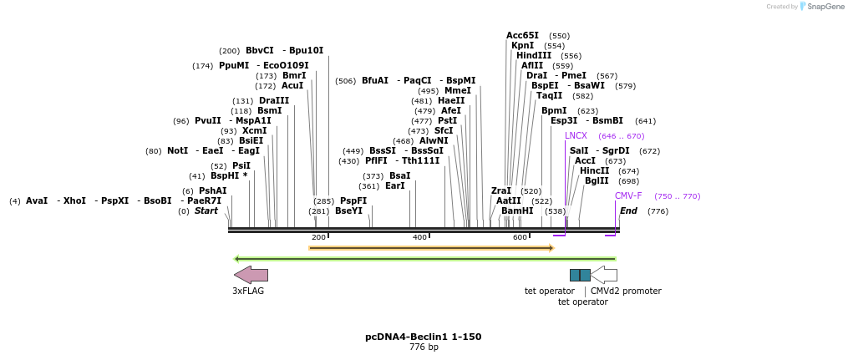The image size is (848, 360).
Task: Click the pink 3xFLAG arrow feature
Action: click(251, 275)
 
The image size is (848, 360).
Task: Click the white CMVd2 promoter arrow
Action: click(604, 275)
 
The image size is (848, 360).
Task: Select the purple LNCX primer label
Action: click(576, 135)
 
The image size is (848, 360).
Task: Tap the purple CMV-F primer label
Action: click(628, 195)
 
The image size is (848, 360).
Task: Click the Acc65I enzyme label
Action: click(522, 36)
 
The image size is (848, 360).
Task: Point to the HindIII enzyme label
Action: click(533, 56)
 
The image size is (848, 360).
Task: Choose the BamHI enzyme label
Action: click(516, 210)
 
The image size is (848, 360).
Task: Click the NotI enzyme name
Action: click(177, 150)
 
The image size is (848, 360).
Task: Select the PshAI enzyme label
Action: click(212, 190)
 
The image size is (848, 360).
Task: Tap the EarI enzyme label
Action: click(394, 185)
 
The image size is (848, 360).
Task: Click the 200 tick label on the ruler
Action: click(318, 237)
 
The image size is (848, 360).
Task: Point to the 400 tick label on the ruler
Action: click(419, 237)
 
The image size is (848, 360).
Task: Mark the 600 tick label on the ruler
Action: click(520, 237)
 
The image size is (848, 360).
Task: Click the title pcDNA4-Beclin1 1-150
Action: click(423, 337)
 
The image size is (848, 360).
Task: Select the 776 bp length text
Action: click(423, 347)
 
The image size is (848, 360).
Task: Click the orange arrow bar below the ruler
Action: click(430, 247)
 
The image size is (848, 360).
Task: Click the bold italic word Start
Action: click(206, 210)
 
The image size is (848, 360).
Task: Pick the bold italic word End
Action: click(628, 210)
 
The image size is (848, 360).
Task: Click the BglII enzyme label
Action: click(597, 180)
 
